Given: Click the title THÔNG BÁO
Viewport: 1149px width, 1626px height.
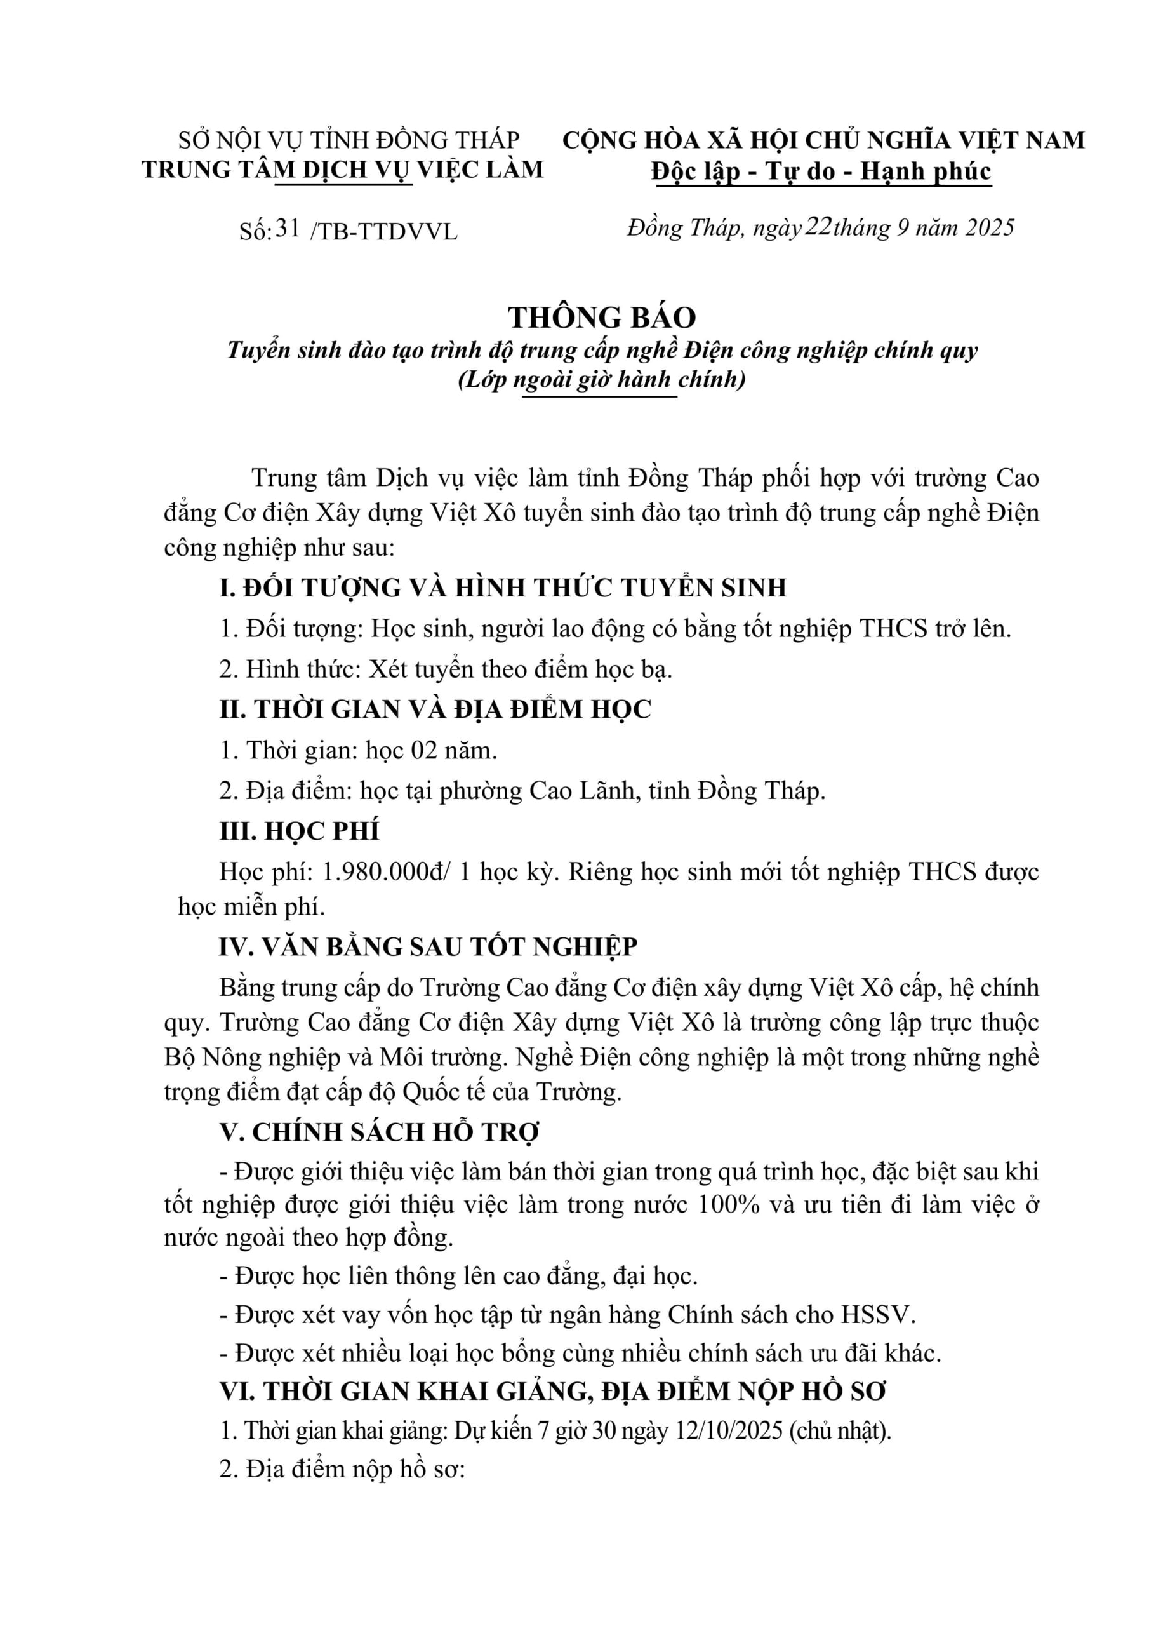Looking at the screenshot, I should click(602, 318).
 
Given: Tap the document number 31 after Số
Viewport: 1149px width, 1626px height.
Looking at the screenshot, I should click(288, 228).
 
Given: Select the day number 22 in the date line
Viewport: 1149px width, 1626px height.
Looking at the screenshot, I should click(818, 227).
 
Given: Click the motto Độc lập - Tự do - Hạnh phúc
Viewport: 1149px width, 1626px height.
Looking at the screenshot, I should click(821, 171).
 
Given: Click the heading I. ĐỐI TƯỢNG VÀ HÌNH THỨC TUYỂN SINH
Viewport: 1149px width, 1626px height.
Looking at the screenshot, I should click(503, 588).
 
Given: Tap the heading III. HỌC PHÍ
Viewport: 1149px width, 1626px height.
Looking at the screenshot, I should click(299, 831).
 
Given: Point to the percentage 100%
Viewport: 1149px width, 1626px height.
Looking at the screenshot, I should click(729, 1205).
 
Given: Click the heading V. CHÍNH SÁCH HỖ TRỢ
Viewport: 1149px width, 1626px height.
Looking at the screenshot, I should click(379, 1132).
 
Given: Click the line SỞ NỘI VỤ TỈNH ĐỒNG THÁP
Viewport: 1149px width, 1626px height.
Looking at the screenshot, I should click(349, 140).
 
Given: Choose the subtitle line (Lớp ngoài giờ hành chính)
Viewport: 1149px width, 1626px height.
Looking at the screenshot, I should click(602, 380).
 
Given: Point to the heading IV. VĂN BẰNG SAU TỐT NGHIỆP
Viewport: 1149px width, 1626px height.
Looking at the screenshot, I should click(428, 947).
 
